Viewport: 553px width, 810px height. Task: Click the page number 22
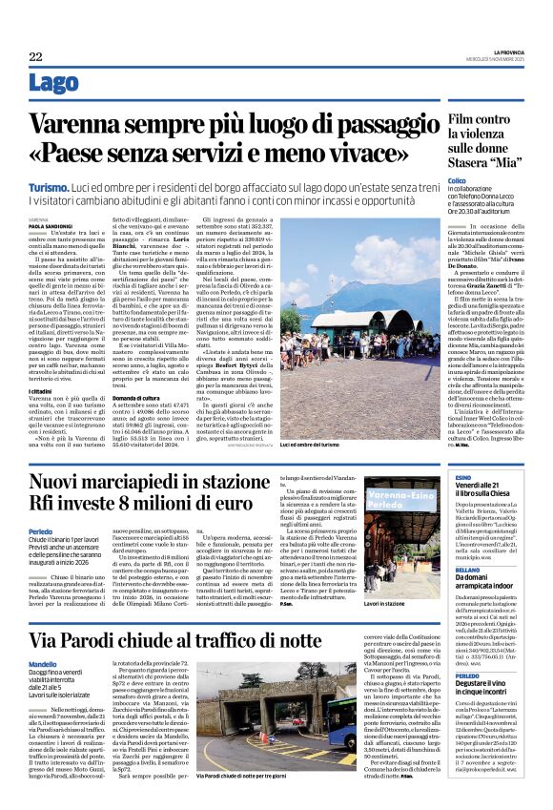tap(35, 56)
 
